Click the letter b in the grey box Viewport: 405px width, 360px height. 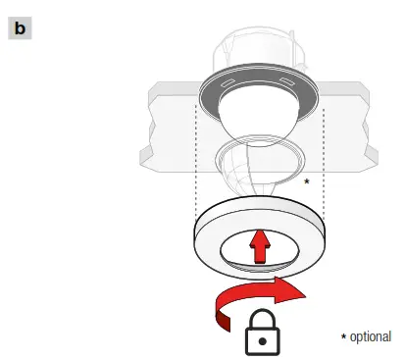coord(20,26)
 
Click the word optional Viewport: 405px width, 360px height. coord(371,337)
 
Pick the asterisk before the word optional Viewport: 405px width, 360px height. coord(343,337)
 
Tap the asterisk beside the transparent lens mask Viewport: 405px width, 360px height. coord(306,182)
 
